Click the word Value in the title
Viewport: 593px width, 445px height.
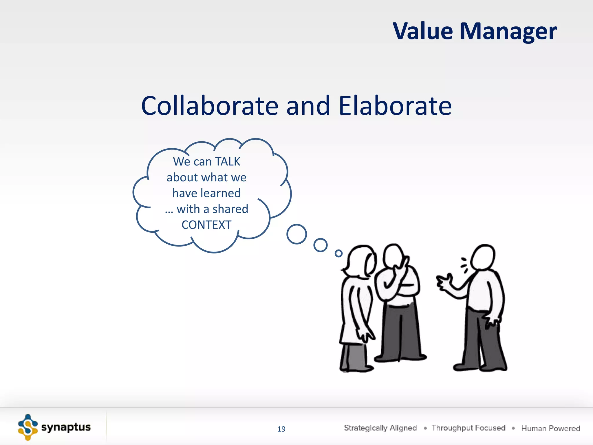pyautogui.click(x=423, y=31)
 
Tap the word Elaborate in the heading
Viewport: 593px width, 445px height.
pyautogui.click(x=395, y=106)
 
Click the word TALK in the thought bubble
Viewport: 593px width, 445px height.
pyautogui.click(x=228, y=162)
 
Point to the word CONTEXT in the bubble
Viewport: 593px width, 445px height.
pyautogui.click(x=206, y=225)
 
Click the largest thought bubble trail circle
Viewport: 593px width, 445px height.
pyautogui.click(x=296, y=234)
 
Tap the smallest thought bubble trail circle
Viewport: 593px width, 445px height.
pyautogui.click(x=338, y=253)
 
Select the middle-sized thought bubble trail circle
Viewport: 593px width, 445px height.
pyautogui.click(x=320, y=245)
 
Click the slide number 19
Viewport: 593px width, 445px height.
pyautogui.click(x=281, y=429)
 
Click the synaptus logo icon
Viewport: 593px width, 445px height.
pyautogui.click(x=28, y=427)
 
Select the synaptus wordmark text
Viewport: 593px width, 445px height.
pyautogui.click(x=66, y=427)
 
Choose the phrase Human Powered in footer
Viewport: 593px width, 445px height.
pyautogui.click(x=550, y=428)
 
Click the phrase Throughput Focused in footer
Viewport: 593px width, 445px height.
pyautogui.click(x=468, y=428)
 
